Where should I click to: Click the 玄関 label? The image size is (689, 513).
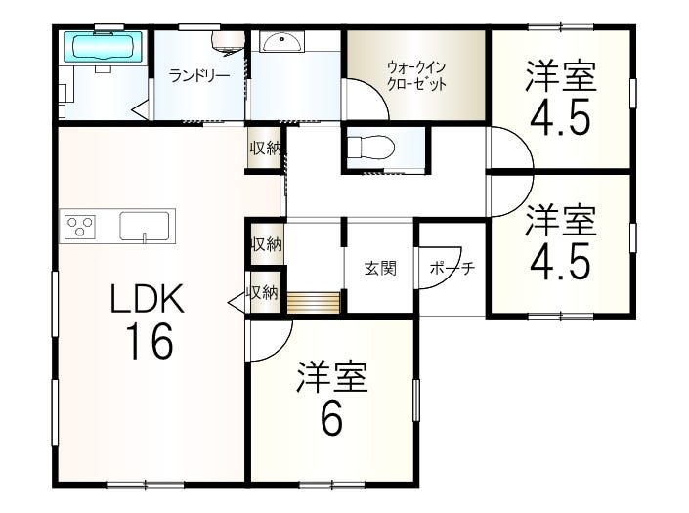381,269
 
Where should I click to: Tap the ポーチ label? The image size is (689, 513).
451,269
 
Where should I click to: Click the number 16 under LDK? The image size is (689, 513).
148,341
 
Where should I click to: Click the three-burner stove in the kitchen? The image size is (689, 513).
80,227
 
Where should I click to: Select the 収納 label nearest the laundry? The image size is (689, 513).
265,149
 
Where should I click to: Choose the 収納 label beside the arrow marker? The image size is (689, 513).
263,291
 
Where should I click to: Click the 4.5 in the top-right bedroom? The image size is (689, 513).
560,117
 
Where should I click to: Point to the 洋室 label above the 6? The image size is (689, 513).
331,377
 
